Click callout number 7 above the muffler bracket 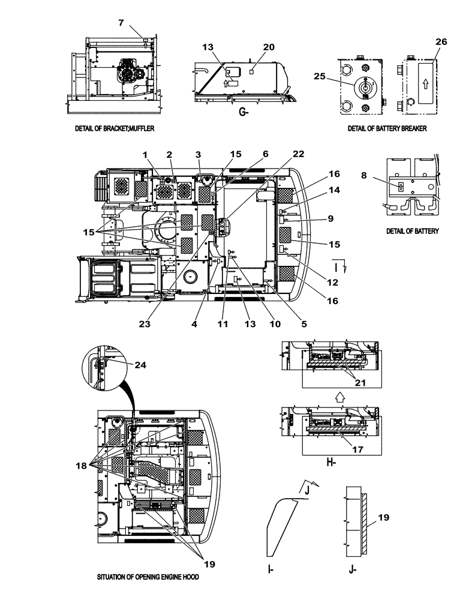121,23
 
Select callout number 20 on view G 252,47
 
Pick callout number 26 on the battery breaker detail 441,41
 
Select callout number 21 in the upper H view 359,382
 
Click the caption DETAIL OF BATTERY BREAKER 387,129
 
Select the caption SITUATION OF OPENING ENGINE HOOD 148,577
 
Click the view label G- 243,112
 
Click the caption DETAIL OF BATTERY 413,231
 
